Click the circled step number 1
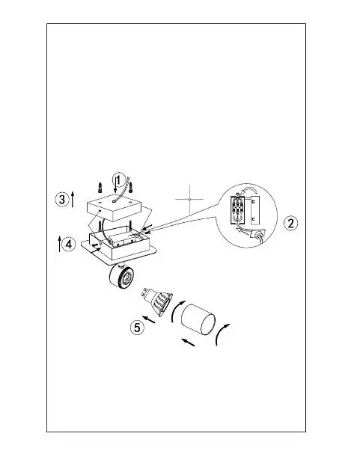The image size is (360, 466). coord(118,180)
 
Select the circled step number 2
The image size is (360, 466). coord(290,223)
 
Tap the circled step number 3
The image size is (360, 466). coord(62,199)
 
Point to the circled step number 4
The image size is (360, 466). coord(69,245)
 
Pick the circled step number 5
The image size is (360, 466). coord(137,327)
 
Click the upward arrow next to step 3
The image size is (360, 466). coord(73,200)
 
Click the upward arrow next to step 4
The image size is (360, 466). coord(59,244)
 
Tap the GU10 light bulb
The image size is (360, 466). coord(156,301)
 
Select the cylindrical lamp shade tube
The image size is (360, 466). coord(198,319)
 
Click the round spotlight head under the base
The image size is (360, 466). coord(121,277)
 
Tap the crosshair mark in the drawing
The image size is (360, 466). coord(189,199)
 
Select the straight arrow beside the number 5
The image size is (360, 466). coord(149,319)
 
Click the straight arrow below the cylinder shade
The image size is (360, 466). coord(188,342)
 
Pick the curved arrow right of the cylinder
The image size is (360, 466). coord(222,334)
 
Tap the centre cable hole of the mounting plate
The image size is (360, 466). coord(115,201)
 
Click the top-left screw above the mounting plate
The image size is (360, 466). coord(100,188)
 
